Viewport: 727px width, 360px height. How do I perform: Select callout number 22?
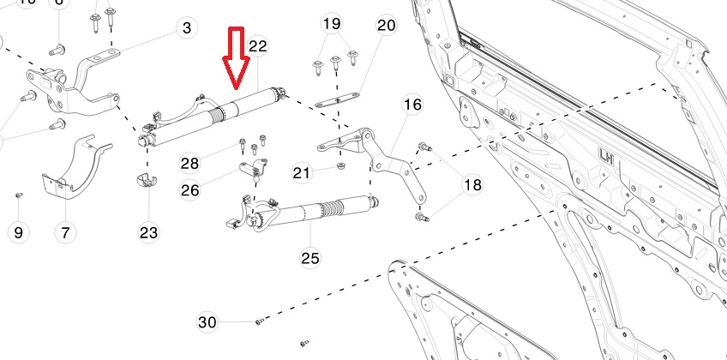[x=258, y=45]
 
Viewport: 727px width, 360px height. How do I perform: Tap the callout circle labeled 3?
[x=187, y=28]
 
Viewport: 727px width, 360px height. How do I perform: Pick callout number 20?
[x=386, y=26]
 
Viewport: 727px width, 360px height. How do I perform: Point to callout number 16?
[x=412, y=105]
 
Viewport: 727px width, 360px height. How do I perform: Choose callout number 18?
[x=473, y=185]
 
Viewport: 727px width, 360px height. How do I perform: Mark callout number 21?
[x=302, y=173]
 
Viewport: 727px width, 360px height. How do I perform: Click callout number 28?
[x=189, y=162]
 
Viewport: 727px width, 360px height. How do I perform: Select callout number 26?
[x=189, y=189]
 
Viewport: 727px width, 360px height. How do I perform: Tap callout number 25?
[x=310, y=256]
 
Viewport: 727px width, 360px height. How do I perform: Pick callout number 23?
[x=149, y=231]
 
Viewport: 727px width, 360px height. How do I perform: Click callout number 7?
[x=64, y=231]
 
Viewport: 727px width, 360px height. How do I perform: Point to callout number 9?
[x=19, y=231]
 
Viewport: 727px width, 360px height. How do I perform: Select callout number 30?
[x=207, y=322]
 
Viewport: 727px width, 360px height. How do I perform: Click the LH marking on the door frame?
[x=606, y=157]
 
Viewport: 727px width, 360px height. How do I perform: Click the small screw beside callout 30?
[x=257, y=321]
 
